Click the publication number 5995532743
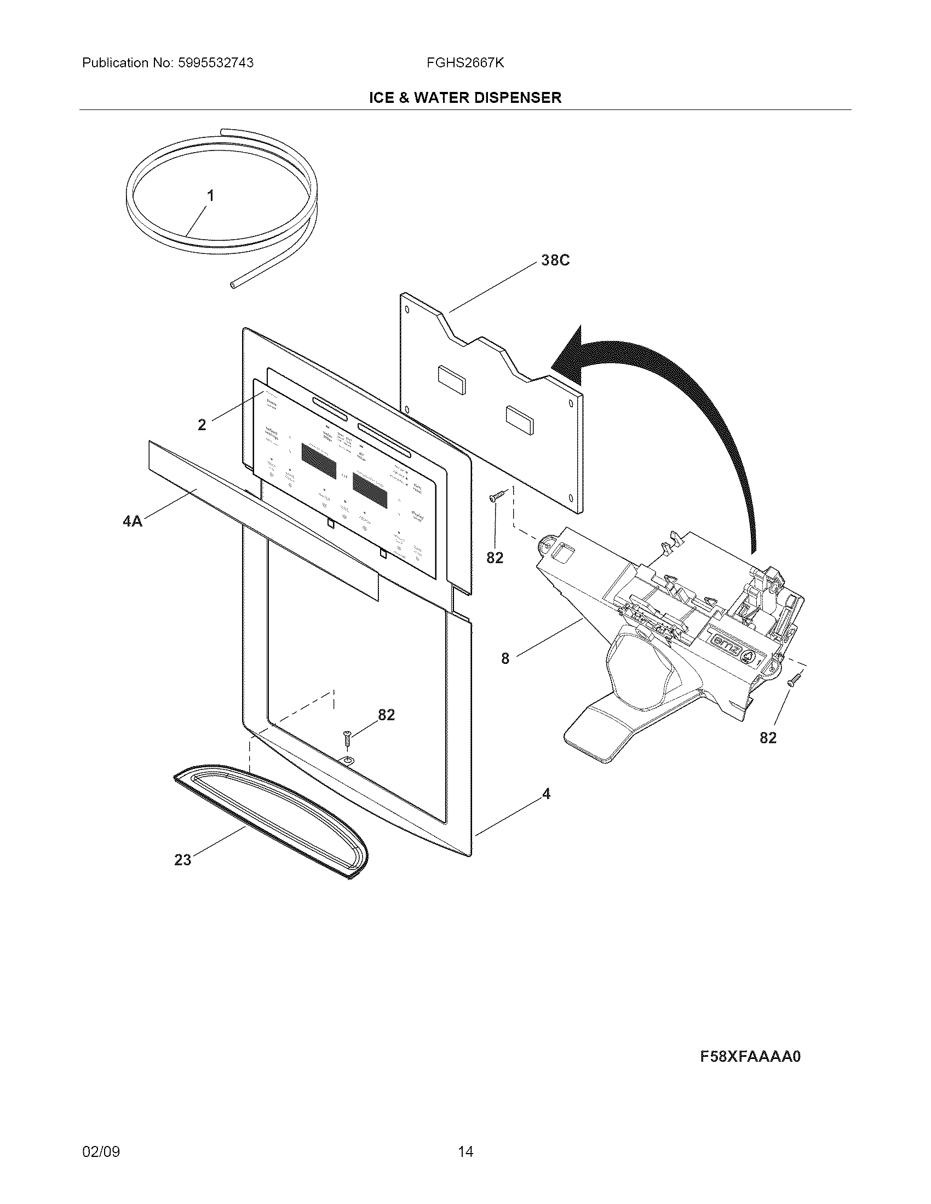click(215, 63)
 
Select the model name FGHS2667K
click(465, 63)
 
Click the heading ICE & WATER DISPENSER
click(465, 98)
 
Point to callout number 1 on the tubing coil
click(210, 196)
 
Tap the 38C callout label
click(555, 260)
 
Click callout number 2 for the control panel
click(202, 425)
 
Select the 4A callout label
click(133, 521)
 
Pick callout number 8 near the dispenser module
click(505, 658)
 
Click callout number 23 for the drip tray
click(182, 859)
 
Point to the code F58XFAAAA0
click(750, 1056)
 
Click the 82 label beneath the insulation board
click(495, 558)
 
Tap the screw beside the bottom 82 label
click(347, 738)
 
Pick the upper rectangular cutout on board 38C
click(451, 375)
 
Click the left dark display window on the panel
click(319, 461)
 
